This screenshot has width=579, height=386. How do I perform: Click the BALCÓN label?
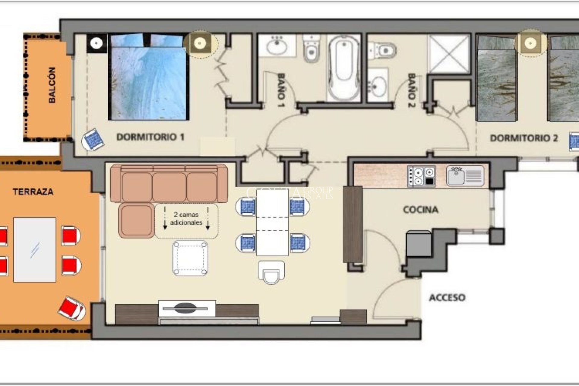(52, 85)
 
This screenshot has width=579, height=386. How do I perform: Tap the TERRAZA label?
(33, 192)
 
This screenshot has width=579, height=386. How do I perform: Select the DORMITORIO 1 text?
(150, 137)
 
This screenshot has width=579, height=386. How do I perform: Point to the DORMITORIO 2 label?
(524, 138)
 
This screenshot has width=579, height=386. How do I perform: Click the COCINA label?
(420, 210)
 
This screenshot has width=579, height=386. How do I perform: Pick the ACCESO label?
(447, 298)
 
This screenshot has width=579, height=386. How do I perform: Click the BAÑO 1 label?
(281, 90)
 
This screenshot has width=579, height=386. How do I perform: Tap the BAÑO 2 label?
(412, 90)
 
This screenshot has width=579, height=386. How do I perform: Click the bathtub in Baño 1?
(344, 68)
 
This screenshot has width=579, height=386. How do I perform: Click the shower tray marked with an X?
(449, 54)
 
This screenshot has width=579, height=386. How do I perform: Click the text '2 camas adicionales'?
(186, 219)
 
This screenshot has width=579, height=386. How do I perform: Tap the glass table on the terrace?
(35, 249)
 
